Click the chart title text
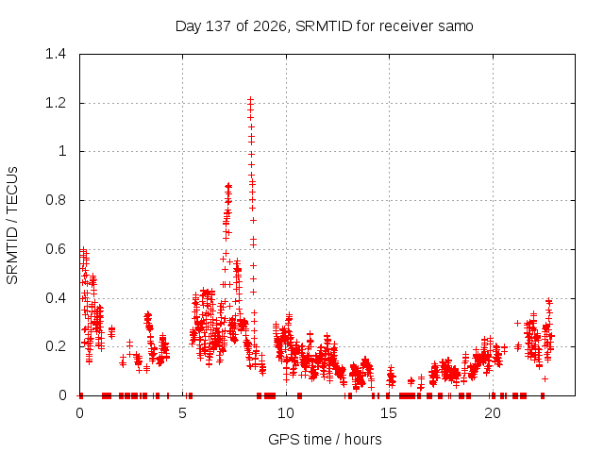tap(324, 26)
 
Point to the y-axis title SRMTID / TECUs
tap(12, 226)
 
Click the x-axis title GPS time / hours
tap(325, 439)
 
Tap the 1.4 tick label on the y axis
tap(56, 54)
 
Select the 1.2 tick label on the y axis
tap(56, 103)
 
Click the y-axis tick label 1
tap(62, 151)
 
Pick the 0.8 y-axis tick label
tap(56, 200)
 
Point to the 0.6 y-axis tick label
tap(56, 249)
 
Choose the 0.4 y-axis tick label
tap(56, 298)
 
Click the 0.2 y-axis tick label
tap(56, 346)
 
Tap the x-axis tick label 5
tap(182, 413)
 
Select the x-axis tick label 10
tap(286, 413)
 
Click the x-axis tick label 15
tap(389, 413)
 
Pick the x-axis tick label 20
tap(493, 413)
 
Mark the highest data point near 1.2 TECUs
tap(250, 100)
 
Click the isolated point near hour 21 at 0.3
tap(518, 323)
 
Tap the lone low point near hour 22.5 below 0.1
tap(545, 379)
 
